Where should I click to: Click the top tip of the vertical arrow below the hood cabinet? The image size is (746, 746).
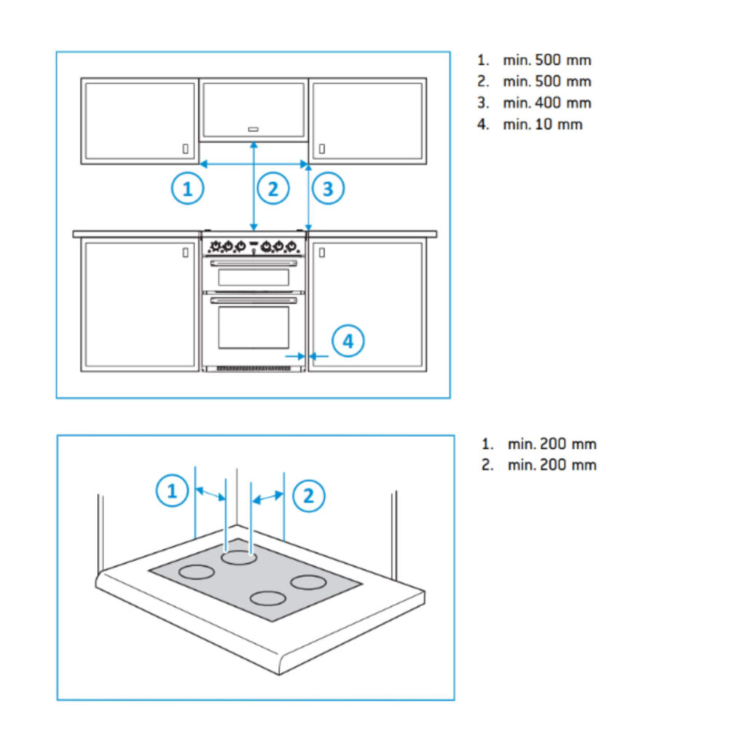[254, 142]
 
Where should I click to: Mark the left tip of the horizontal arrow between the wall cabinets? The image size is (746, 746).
[200, 164]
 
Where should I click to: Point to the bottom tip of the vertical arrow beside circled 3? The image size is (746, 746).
[309, 231]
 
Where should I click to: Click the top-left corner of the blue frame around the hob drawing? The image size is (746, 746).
[57, 436]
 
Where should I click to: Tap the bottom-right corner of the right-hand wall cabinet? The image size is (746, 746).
[426, 164]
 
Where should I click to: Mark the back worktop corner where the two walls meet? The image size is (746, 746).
[237, 525]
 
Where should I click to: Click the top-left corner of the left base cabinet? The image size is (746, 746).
[82, 238]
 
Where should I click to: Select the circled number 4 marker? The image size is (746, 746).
[348, 341]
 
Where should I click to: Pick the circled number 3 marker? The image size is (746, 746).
[329, 189]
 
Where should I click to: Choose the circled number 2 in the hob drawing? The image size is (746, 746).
[309, 495]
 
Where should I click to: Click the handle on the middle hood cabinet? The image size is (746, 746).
[254, 130]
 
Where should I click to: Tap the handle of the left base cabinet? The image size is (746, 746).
[186, 253]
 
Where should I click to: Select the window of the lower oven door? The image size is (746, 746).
[254, 327]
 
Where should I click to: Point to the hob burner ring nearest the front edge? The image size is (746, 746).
[268, 598]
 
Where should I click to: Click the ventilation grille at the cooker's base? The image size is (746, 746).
[254, 368]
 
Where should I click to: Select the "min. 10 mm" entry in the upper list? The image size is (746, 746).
[542, 125]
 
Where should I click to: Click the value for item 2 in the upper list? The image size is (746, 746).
[547, 82]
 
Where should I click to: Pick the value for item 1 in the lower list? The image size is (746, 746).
[552, 444]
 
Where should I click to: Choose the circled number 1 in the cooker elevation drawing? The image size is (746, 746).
[187, 189]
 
